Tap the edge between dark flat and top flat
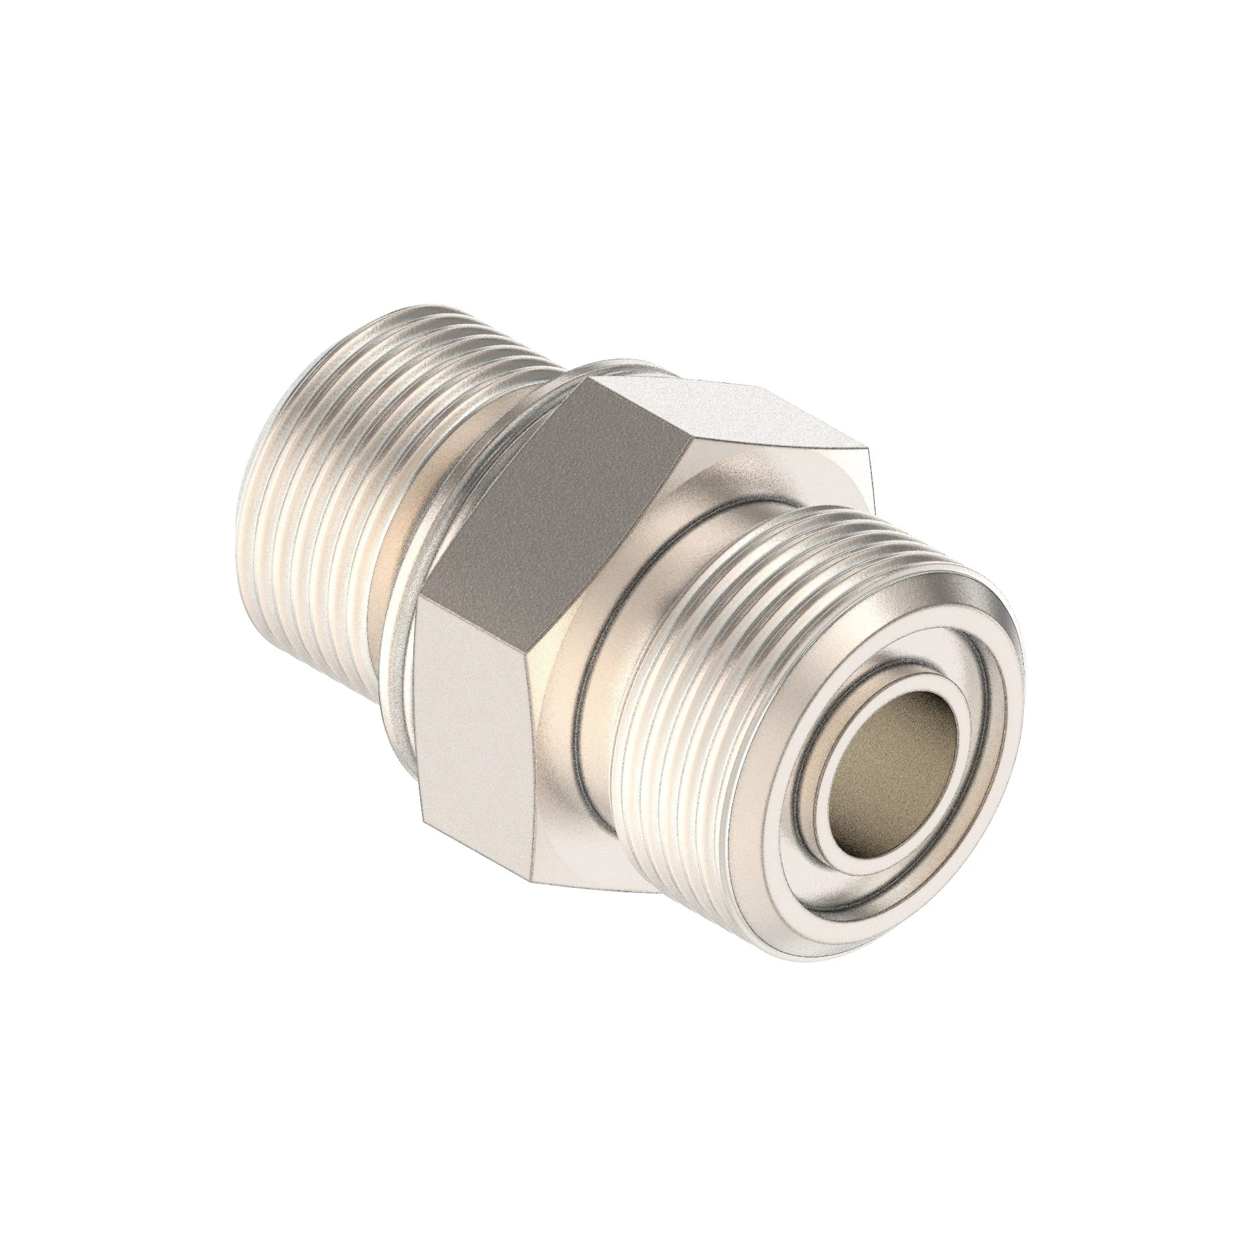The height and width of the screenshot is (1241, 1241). click(642, 411)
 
